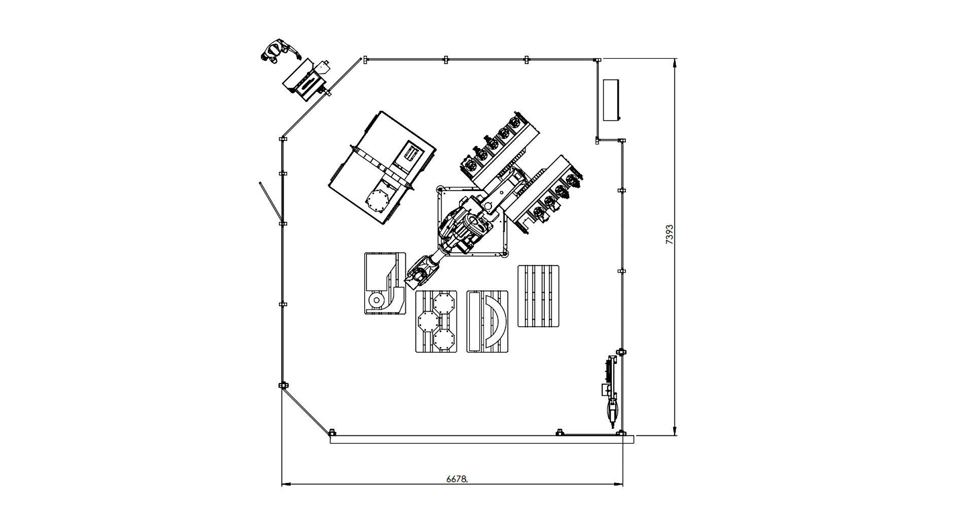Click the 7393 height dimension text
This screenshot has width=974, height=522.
pyautogui.click(x=670, y=235)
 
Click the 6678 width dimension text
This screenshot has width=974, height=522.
pyautogui.click(x=457, y=479)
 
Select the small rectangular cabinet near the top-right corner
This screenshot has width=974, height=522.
pyautogui.click(x=611, y=100)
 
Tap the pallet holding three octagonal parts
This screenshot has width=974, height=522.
pyautogui.click(x=436, y=321)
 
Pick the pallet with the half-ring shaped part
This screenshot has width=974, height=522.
pyautogui.click(x=488, y=321)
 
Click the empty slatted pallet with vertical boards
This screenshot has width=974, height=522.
pyautogui.click(x=538, y=296)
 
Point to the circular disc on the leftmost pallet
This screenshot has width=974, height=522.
pyautogui.click(x=376, y=300)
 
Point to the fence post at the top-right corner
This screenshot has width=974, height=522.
pyautogui.click(x=598, y=60)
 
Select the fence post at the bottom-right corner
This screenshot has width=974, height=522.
pyautogui.click(x=620, y=433)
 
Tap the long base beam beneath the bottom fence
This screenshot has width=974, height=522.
pyautogui.click(x=482, y=439)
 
